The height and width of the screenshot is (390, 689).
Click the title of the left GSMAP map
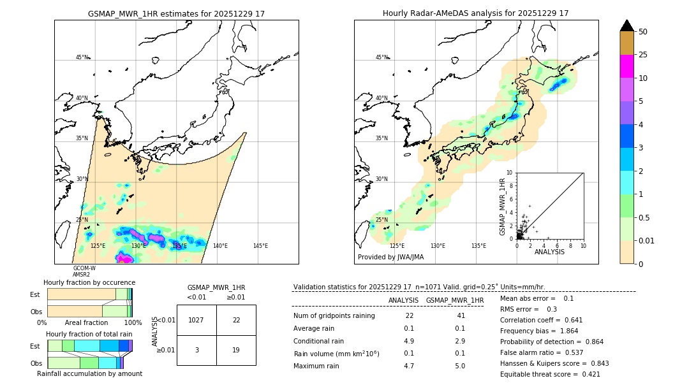[x=176, y=13]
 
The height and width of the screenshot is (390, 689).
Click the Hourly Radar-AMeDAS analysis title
[x=475, y=13]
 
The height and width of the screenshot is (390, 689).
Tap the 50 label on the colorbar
[x=643, y=32]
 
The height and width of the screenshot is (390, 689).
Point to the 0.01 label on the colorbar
[x=647, y=240]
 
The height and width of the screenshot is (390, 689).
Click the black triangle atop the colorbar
[x=626, y=25]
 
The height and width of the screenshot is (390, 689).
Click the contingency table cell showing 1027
[x=196, y=320]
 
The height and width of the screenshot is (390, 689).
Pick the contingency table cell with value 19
[x=236, y=350]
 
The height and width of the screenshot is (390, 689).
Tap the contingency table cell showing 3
[x=196, y=350]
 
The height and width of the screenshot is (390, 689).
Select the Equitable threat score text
[x=550, y=374]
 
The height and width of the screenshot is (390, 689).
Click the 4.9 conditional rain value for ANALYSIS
[x=409, y=341]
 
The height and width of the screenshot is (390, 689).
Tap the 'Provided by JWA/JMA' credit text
[x=390, y=257]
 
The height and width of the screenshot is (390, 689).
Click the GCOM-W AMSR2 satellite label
[x=84, y=271]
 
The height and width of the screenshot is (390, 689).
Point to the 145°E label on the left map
[x=260, y=246]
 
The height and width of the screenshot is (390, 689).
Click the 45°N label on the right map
[x=382, y=57]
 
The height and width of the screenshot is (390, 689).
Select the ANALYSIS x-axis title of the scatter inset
[x=549, y=252]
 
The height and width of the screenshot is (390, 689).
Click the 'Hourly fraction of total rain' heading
[x=89, y=334]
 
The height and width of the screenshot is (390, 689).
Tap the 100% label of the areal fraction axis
[x=133, y=323]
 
